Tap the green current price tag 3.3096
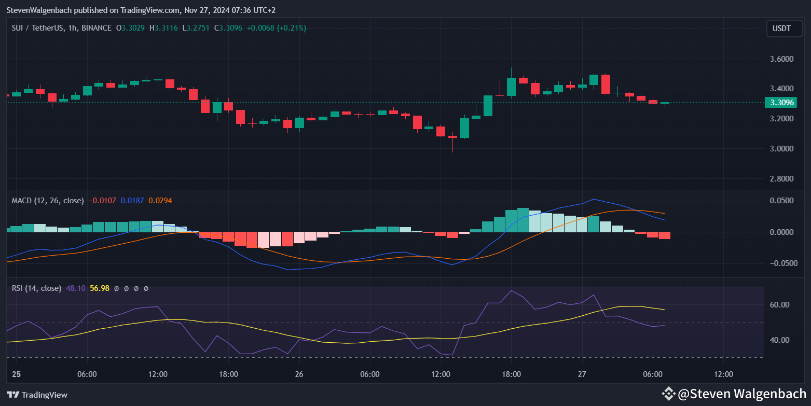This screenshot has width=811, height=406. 781,103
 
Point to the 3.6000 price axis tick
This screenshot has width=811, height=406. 781,59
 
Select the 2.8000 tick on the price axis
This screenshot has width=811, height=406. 781,179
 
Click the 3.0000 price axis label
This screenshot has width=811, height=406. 781,149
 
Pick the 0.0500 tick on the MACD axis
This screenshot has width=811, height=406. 781,201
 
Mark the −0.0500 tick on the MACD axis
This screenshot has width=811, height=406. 779,263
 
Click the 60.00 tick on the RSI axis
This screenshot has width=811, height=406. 781,305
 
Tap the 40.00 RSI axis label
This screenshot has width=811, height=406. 781,340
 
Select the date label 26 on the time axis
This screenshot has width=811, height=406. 299,374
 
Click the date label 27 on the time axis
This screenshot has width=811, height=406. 582,374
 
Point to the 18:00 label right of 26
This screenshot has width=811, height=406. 511,374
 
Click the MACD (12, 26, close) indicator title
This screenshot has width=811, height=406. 48,200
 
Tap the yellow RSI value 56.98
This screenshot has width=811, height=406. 100,288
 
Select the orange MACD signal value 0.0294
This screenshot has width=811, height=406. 160,200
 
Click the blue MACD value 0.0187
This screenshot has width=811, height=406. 132,200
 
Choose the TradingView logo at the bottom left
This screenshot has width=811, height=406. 37,395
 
